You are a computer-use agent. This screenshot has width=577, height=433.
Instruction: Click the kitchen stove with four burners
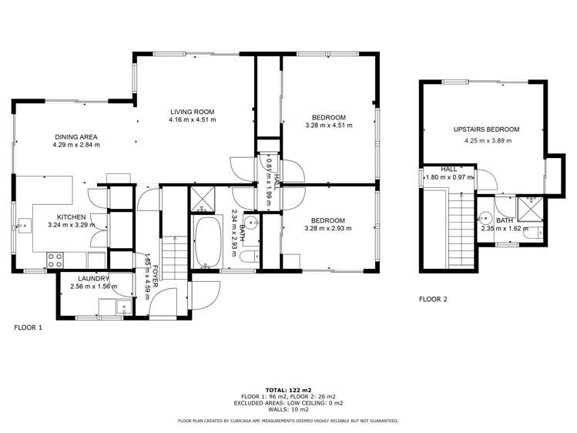tap(55, 260)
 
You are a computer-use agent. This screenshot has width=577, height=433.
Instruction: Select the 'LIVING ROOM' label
tap(193, 112)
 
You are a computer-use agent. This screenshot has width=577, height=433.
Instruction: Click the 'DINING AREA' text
tap(75, 137)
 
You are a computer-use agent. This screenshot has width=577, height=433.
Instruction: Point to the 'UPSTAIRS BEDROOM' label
tap(486, 130)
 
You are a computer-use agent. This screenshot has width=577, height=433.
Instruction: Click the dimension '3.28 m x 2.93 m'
tap(325, 228)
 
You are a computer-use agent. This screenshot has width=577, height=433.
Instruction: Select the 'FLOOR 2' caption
tap(432, 299)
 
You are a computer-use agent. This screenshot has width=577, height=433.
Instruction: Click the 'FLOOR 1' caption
tap(29, 327)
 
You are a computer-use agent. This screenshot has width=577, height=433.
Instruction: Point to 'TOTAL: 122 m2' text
tap(288, 390)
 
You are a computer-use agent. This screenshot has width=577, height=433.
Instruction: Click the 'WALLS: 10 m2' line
tap(288, 408)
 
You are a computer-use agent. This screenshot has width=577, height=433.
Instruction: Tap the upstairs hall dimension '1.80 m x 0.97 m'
tap(450, 176)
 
